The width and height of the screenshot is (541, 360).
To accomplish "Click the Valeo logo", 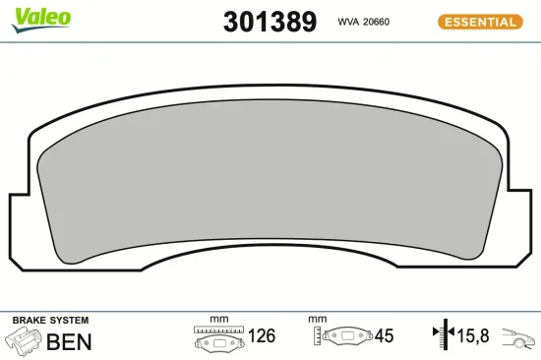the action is (x=40, y=20).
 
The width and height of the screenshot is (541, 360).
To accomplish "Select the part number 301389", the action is (x=270, y=22).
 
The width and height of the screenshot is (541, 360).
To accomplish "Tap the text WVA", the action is (x=348, y=22).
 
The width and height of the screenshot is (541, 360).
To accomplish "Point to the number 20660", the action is (x=377, y=22).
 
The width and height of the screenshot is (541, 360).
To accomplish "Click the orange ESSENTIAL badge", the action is (x=480, y=22).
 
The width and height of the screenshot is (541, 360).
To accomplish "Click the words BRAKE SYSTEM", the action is (x=50, y=320).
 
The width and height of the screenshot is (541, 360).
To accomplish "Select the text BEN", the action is (x=69, y=341).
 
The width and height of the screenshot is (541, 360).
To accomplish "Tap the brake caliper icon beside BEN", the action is (x=24, y=339).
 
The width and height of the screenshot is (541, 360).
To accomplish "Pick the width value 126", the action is (x=262, y=335).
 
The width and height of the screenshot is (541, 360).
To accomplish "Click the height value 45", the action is (x=384, y=335).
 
